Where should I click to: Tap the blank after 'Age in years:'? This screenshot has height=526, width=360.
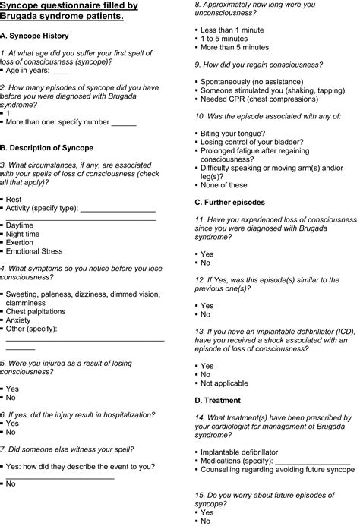click(59, 71)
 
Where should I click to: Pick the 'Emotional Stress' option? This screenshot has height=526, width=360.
click(34, 251)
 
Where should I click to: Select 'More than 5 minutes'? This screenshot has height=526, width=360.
click(237, 47)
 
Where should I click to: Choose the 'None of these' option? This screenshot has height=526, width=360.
click(224, 185)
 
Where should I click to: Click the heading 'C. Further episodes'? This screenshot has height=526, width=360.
click(229, 203)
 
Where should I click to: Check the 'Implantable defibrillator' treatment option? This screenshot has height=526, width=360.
click(239, 452)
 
